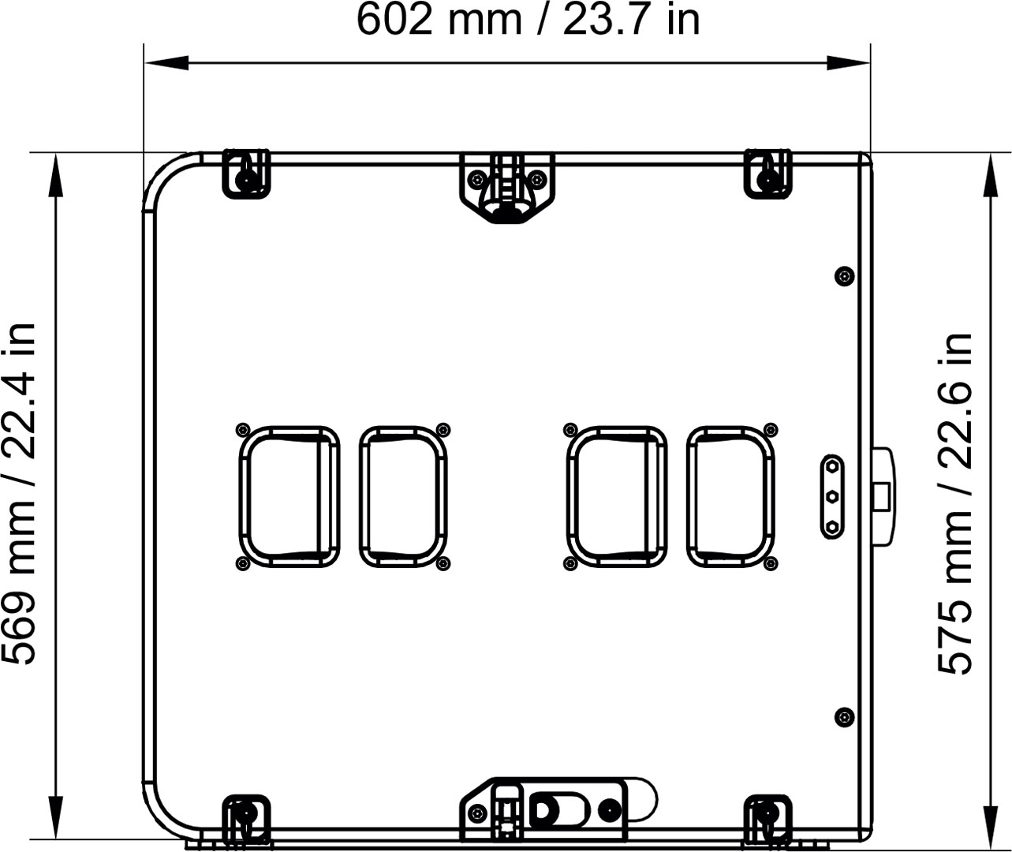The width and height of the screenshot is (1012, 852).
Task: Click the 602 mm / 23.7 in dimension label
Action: (x=528, y=20)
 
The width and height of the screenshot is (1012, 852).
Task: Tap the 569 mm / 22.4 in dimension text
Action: (x=18, y=493)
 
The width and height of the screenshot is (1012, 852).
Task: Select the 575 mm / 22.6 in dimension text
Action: (x=954, y=504)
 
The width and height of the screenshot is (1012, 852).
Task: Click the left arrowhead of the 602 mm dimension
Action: (x=166, y=62)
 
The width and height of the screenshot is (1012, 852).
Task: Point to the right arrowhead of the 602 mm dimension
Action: (x=848, y=62)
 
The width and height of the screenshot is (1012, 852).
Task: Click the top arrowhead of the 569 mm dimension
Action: (x=56, y=175)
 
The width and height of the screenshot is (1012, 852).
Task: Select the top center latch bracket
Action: (x=507, y=187)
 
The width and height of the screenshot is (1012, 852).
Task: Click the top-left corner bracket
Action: (x=246, y=174)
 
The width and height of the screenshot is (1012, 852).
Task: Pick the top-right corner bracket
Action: (x=767, y=174)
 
